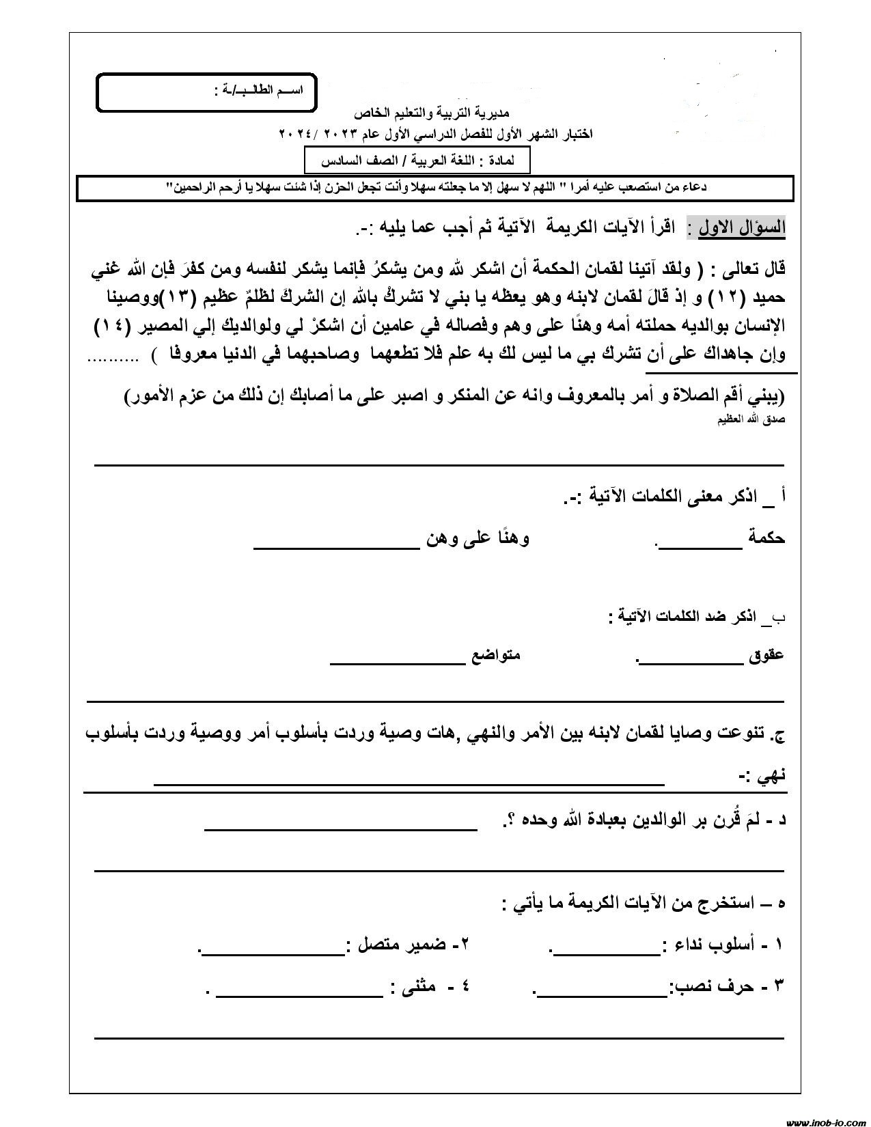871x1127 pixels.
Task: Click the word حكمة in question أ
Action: [766, 538]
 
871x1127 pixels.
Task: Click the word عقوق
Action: [766, 655]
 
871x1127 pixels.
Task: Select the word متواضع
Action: [496, 655]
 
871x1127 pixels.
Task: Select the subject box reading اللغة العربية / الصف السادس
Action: [417, 161]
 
